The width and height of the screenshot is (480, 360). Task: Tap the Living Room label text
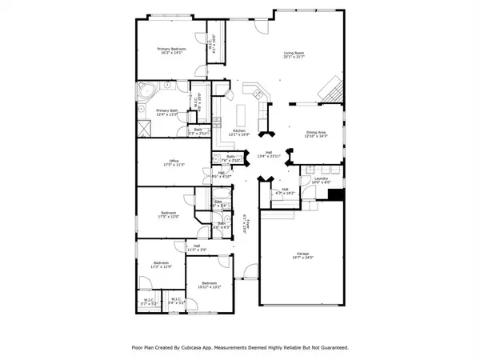294,56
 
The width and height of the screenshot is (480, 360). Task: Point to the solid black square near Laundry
337,194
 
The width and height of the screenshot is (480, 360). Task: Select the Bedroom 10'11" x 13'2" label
209,285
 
